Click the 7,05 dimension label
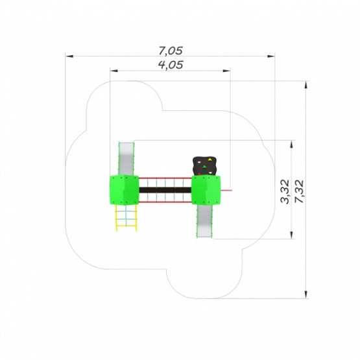point(171,51)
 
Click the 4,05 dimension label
point(171,65)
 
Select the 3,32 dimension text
point(285,191)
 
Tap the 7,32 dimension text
point(299,191)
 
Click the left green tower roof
point(124,190)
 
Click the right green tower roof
point(206,190)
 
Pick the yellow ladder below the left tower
point(126,218)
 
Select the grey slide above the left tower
point(126,159)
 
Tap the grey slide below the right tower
point(204,221)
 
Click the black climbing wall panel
point(205,166)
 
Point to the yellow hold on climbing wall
point(210,159)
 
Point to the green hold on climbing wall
point(205,167)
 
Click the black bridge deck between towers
point(165,190)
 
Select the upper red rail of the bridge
point(165,178)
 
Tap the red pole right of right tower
point(226,190)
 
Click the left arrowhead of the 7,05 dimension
point(69,56)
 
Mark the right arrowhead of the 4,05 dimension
point(226,71)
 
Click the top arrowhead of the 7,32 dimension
point(306,85)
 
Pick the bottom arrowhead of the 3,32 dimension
point(291,235)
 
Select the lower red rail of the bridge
point(165,202)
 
